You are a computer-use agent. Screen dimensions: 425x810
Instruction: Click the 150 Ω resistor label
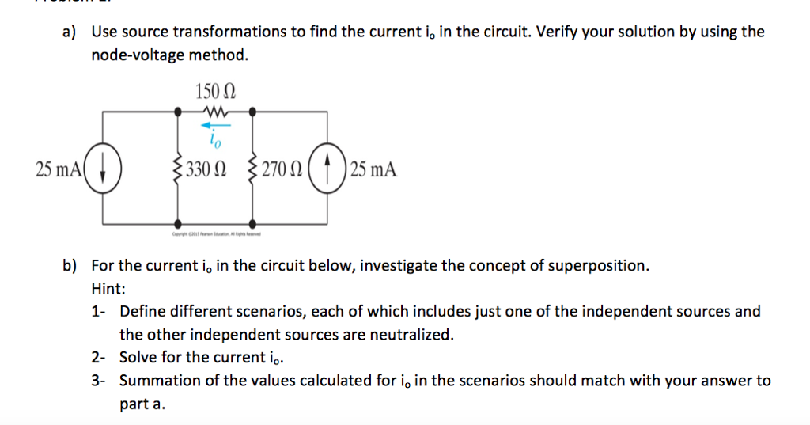tap(214, 91)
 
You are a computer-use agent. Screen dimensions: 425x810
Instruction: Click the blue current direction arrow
tap(214, 125)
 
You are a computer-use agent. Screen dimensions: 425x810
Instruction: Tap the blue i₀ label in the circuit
tap(215, 139)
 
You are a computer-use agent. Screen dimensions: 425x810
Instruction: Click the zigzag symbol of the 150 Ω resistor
tap(214, 112)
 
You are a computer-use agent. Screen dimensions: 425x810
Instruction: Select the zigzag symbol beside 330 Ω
tap(177, 169)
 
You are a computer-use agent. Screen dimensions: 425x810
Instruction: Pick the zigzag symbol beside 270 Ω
tap(253, 169)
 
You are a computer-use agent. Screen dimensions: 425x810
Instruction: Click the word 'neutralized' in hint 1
tap(413, 335)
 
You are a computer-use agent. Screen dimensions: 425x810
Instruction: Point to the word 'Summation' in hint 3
tap(159, 381)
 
